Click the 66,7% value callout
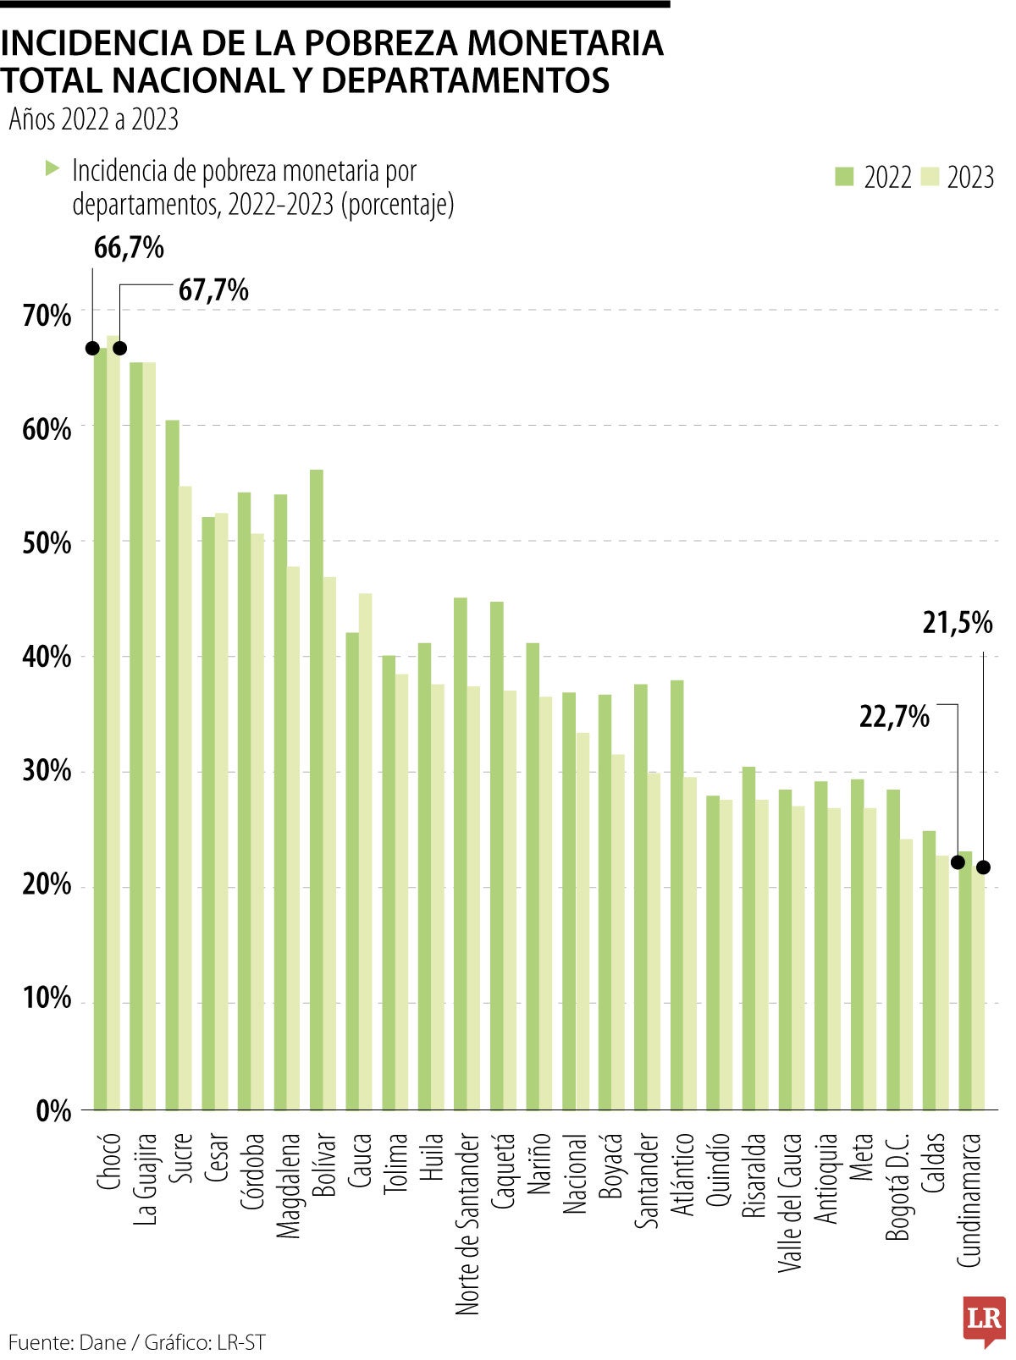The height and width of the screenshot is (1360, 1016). (129, 248)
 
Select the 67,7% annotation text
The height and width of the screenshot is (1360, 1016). (213, 290)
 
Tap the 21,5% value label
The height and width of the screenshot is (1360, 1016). (957, 623)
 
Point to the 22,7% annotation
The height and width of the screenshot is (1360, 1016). (894, 718)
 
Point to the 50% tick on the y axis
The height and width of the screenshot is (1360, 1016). (47, 542)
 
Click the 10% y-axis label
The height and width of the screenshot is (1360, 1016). (47, 998)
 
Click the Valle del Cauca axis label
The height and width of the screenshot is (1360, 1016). (791, 1202)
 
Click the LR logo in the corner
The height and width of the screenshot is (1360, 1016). (983, 1319)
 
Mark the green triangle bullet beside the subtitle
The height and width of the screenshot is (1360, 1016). (52, 168)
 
